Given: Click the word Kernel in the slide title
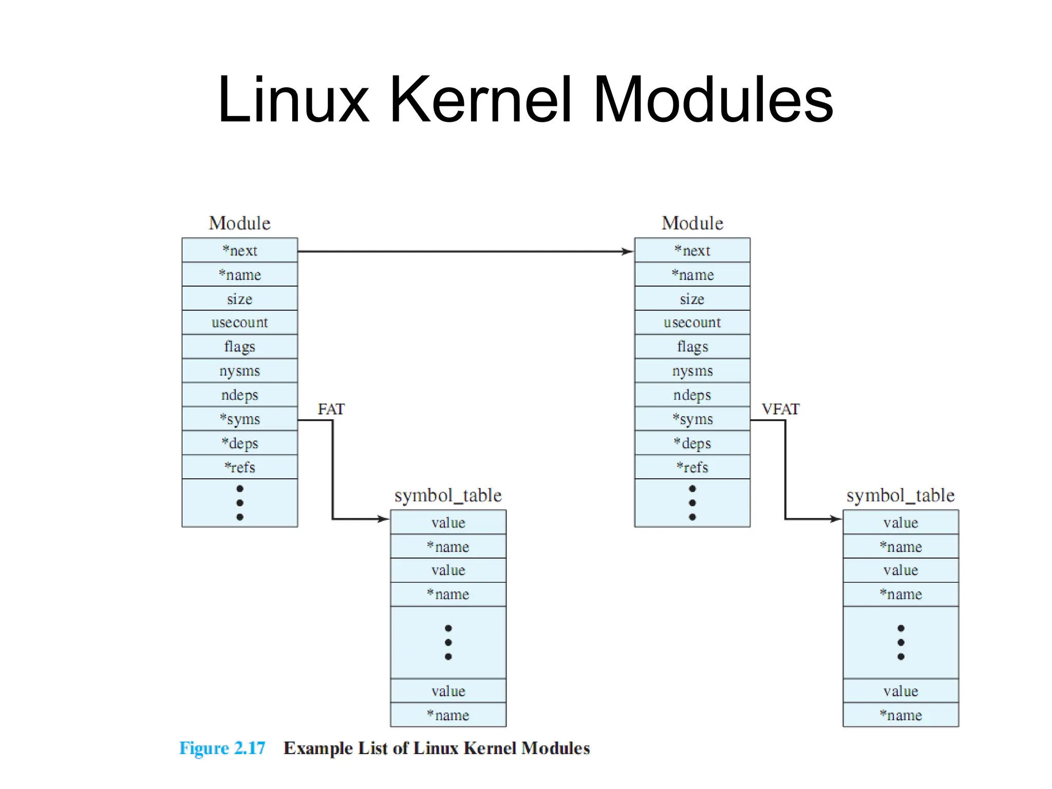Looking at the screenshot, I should (480, 100).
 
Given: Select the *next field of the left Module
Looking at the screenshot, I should (239, 251).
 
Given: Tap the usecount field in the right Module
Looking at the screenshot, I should (692, 323).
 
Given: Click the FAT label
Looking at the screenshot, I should (331, 409).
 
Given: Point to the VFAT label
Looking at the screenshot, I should (780, 409).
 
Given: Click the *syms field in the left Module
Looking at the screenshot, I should (239, 419).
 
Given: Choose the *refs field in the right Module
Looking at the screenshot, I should (692, 467).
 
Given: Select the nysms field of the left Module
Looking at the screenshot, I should (239, 371).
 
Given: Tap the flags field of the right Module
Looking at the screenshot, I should (692, 347).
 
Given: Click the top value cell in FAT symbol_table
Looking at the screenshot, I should (448, 523).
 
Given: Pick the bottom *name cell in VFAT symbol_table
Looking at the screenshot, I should (900, 715).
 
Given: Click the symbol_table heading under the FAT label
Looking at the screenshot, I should (448, 496).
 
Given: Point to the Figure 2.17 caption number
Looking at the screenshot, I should (222, 748).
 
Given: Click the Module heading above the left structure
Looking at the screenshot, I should (239, 223).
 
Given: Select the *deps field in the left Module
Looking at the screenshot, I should (239, 443).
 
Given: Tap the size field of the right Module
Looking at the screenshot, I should (692, 299).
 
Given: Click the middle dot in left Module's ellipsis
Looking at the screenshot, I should (239, 503).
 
